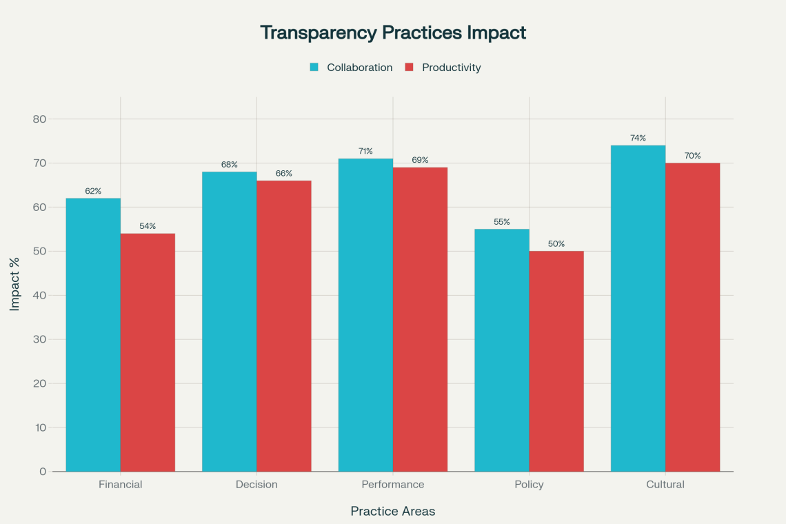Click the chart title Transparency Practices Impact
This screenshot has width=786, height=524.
393,32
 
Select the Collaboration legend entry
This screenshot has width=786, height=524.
359,68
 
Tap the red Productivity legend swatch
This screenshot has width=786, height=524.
409,68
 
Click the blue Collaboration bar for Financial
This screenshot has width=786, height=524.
93,334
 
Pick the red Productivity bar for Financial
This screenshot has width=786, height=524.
148,352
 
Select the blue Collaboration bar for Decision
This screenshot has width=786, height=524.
229,321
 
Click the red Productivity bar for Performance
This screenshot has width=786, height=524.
420,319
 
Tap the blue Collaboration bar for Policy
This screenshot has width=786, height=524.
502,350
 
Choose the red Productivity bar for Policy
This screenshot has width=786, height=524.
556,361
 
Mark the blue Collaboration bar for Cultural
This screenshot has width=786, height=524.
638,308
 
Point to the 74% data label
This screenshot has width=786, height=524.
638,138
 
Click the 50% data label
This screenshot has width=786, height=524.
556,243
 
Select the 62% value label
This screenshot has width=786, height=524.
93,191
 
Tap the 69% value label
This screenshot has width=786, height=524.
420,160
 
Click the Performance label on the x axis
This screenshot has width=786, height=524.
393,485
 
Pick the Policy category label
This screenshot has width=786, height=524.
529,485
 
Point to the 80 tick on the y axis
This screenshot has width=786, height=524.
39,119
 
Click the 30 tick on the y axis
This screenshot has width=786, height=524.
39,339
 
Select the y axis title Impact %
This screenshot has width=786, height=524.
15,295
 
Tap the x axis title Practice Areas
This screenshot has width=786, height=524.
393,511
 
